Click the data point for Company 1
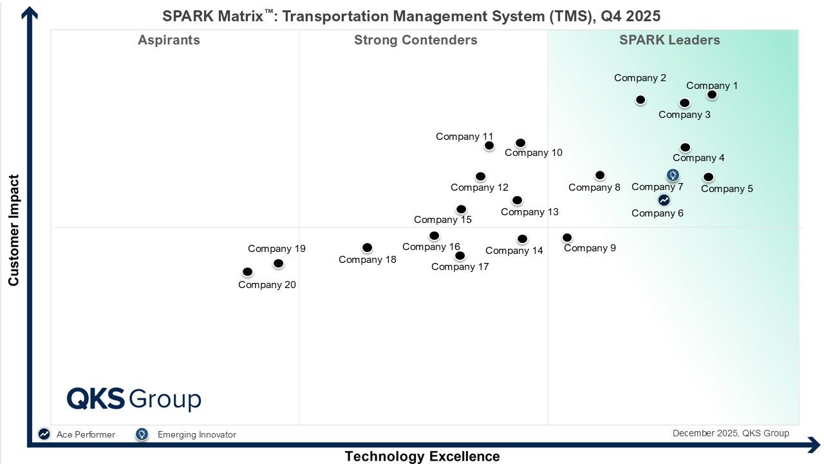(x=711, y=95)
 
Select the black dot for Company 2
(x=641, y=100)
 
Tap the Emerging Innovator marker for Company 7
(x=673, y=175)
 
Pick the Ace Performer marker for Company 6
(x=664, y=200)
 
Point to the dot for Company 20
(x=247, y=272)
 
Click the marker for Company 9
(x=567, y=238)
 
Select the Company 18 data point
(x=367, y=247)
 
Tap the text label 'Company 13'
(x=529, y=212)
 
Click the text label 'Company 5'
(x=727, y=189)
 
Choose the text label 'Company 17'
(x=460, y=267)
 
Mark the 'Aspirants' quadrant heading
(x=169, y=40)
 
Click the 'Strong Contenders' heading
(x=415, y=40)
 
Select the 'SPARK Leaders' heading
(x=669, y=40)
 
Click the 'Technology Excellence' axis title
(x=422, y=456)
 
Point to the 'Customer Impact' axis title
(x=14, y=230)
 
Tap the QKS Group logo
(x=134, y=399)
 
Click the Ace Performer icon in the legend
(x=44, y=434)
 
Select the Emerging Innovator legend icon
(x=142, y=434)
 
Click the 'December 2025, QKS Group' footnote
(x=731, y=433)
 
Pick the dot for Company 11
(x=489, y=146)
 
